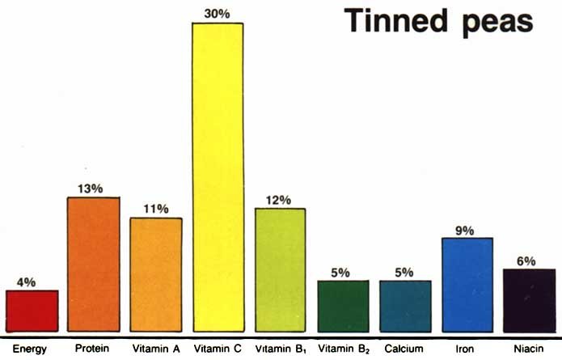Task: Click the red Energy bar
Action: point(32,311)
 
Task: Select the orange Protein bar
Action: point(94,264)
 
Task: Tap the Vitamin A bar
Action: point(156,274)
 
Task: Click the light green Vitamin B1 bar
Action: point(280,269)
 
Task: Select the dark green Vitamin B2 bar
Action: point(342,306)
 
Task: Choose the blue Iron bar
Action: point(467,285)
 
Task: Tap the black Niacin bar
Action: point(529,300)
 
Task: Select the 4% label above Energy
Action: point(27,282)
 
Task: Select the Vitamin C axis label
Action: point(218,349)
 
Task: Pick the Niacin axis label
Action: point(529,349)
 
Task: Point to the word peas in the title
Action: point(501,23)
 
